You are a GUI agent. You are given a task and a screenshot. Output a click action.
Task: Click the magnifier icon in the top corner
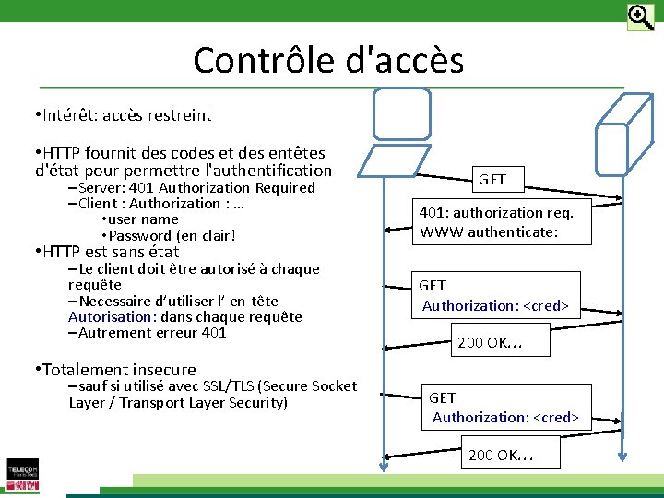(x=640, y=17)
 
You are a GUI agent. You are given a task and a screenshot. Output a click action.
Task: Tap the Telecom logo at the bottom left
(x=22, y=474)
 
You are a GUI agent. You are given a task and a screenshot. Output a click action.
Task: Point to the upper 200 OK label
(x=490, y=343)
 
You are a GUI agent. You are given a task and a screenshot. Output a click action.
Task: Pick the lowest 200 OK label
(x=501, y=455)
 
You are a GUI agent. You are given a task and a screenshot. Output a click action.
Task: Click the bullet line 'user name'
(x=144, y=219)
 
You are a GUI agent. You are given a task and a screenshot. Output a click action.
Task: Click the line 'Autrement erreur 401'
(x=152, y=333)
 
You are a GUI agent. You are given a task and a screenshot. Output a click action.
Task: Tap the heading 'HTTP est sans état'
(x=111, y=252)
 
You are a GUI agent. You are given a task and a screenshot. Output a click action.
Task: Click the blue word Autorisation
(x=103, y=317)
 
